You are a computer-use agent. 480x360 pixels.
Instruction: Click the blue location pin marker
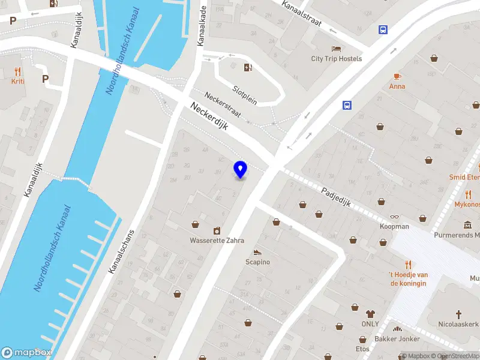(x=241, y=169)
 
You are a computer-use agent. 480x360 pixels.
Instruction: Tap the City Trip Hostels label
(x=337, y=59)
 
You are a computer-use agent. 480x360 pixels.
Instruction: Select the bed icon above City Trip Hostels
(x=336, y=49)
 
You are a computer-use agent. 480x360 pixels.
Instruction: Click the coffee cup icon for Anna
(x=397, y=76)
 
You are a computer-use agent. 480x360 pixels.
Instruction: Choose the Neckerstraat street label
(x=223, y=104)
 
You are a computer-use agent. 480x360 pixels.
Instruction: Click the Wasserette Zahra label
(x=217, y=241)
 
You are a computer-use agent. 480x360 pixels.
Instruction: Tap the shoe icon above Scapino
(x=257, y=253)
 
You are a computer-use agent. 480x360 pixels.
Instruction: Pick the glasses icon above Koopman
(x=394, y=217)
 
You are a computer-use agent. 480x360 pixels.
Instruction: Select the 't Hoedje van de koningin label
(x=408, y=278)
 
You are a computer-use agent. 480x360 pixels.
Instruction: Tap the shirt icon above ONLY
(x=370, y=314)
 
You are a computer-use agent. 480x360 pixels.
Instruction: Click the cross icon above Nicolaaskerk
(x=459, y=314)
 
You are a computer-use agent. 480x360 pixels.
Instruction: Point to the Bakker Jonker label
(x=397, y=339)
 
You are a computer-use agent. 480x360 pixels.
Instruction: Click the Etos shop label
(x=362, y=349)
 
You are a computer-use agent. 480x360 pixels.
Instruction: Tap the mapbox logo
(x=26, y=353)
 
